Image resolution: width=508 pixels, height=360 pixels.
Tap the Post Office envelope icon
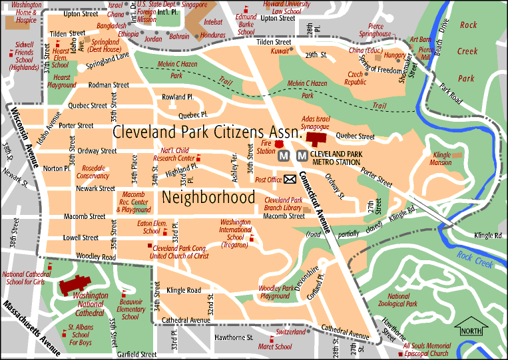pos(290,179)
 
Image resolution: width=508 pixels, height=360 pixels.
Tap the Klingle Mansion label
pos(441,158)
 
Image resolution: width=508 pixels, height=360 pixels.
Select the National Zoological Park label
pos(402,299)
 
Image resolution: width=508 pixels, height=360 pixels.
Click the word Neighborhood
pos(208,197)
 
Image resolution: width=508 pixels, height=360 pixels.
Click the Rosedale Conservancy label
pos(92,172)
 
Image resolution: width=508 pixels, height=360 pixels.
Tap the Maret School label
pos(276,347)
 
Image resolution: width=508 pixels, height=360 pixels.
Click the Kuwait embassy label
pos(280,51)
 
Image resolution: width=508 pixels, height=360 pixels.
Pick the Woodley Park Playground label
pos(275,292)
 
